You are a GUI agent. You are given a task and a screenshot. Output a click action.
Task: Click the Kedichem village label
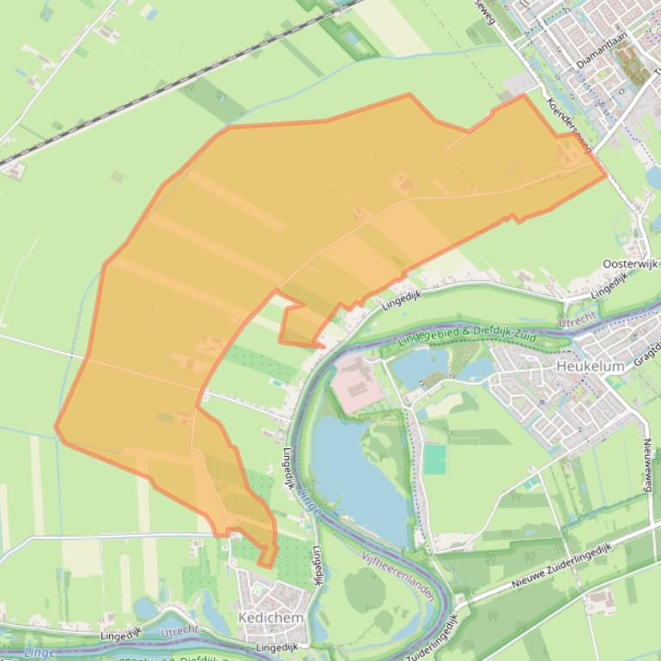coord(270,617)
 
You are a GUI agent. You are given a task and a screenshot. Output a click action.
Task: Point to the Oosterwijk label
coord(629,264)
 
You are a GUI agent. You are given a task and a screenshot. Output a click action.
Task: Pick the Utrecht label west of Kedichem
coord(179,631)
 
